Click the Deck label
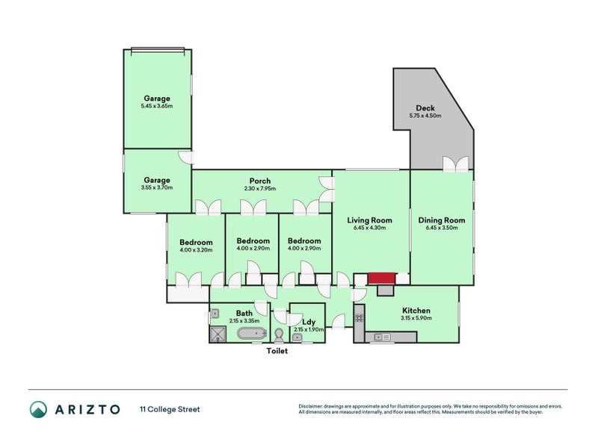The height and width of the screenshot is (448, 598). coord(425,108)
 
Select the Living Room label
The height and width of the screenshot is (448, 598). coord(369,220)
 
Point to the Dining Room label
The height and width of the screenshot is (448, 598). coord(441,220)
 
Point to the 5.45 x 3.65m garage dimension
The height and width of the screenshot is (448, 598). coord(156,106)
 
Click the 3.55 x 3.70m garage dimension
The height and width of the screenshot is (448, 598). coord(156,187)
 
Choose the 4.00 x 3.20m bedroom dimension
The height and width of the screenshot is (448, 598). coord(196,249)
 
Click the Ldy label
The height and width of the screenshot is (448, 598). coord(307,322)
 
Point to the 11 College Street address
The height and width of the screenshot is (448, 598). coord(170,409)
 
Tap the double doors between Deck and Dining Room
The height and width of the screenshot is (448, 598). coord(455,164)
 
